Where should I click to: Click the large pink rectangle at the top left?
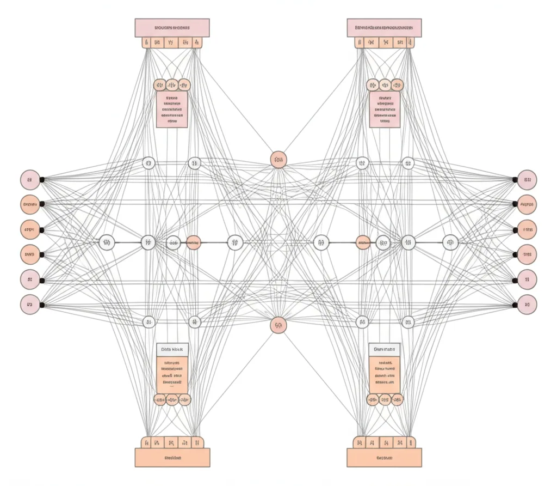pos(172,27)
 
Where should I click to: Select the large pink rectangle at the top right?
pos(384,27)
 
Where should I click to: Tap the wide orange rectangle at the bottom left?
pos(172,458)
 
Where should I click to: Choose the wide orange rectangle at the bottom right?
pos(384,458)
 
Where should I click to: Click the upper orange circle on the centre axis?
pos(278,160)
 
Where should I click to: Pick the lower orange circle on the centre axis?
pos(278,325)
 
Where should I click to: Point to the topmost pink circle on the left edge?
pos(30,179)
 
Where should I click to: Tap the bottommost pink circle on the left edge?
pos(30,304)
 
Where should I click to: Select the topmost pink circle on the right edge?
pos(527,179)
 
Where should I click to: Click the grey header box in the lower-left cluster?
pos(172,350)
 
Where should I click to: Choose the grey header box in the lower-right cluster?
pos(384,349)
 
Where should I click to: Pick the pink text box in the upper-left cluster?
pos(172,109)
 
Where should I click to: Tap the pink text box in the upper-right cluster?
pos(385,109)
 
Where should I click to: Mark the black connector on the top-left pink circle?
pos(42,179)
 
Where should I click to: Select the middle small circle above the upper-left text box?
pos(172,85)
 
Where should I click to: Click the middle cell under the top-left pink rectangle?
pos(171,42)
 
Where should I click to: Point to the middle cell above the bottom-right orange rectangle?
pos(385,442)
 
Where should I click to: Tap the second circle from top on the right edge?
pos(527,205)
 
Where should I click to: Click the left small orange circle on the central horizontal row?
pos(193,243)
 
